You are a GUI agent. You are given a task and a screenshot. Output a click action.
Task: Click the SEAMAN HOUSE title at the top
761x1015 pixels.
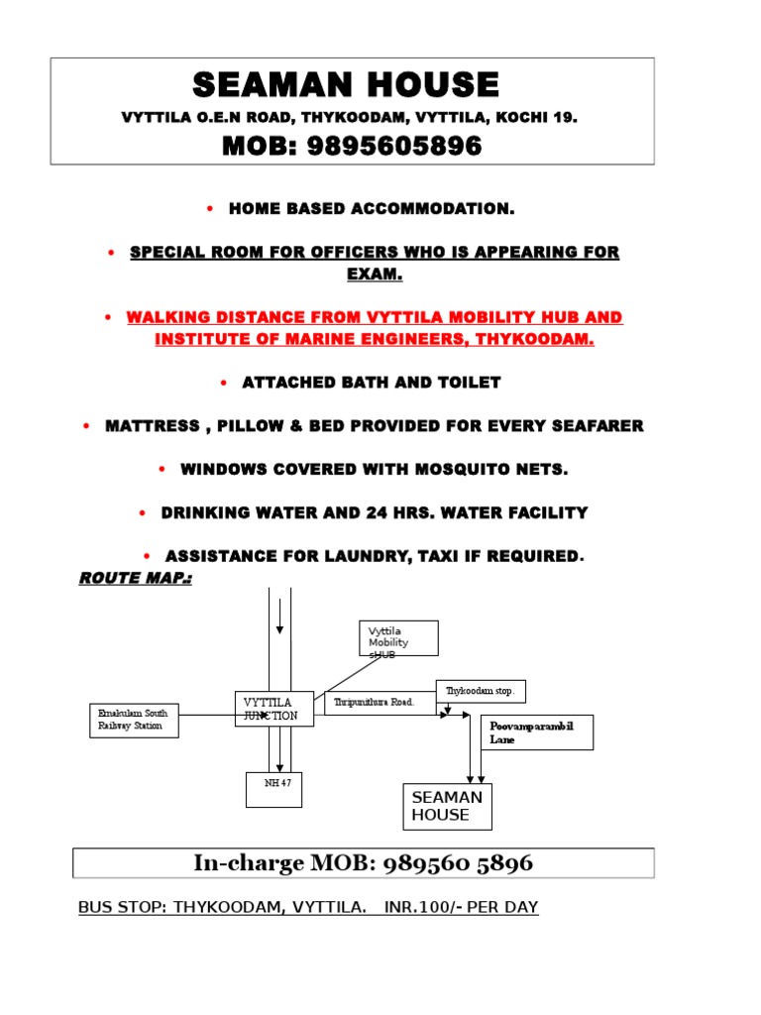coord(346,85)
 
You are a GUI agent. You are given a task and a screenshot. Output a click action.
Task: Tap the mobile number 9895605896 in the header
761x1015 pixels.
coord(394,146)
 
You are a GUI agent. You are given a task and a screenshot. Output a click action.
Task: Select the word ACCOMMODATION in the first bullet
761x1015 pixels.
coord(433,208)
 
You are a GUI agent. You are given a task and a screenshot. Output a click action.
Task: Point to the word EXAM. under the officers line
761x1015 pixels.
coord(375,274)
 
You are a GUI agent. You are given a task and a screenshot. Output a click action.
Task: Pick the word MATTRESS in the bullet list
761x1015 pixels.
coord(152,426)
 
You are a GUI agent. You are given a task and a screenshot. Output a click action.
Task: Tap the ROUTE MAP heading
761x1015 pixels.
coord(135,578)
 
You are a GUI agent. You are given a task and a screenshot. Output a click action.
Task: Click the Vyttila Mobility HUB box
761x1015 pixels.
coord(398,638)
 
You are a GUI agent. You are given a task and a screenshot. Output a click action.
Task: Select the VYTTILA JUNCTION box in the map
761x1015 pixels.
coord(274,709)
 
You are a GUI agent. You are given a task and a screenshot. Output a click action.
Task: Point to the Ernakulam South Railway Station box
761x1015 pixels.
coord(134,721)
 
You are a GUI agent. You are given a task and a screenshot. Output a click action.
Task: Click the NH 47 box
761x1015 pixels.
coord(273,790)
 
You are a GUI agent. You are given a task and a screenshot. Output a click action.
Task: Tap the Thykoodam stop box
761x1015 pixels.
coord(481,691)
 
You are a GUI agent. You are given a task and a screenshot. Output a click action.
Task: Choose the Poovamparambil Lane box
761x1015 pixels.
coord(537,733)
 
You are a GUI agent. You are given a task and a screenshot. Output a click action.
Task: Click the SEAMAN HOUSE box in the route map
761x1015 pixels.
coord(447,807)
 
